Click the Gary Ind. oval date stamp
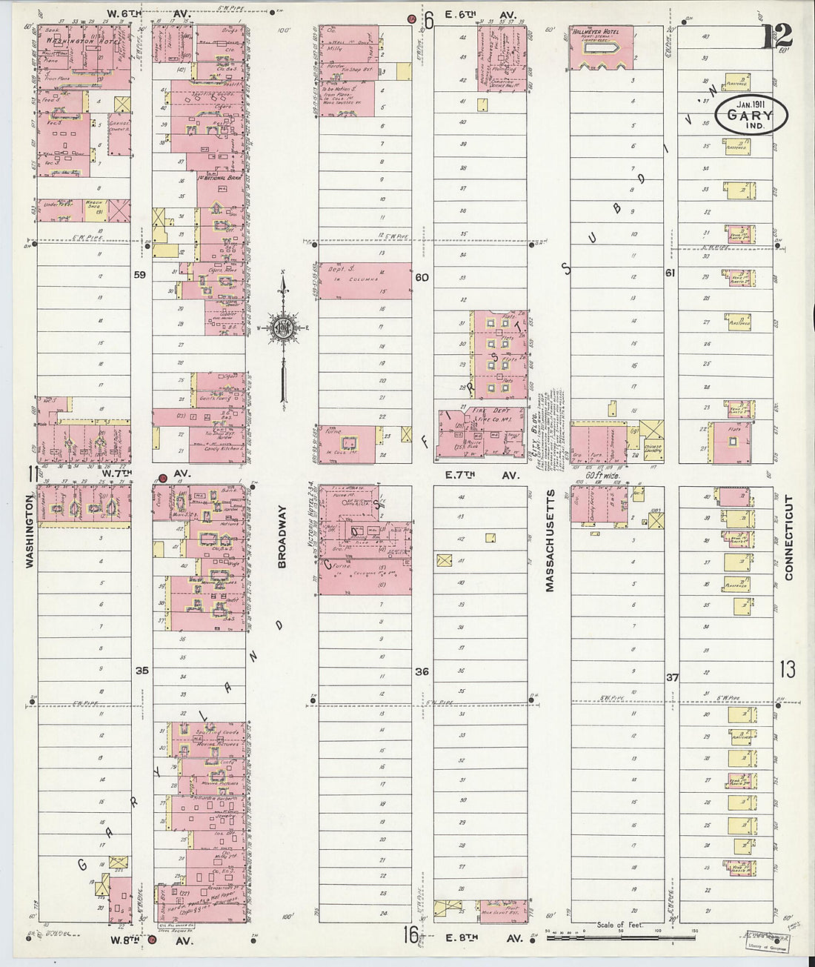pos(752,115)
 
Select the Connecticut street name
pos(788,536)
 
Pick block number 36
pos(422,671)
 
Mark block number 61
pos(671,273)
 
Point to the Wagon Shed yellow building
pos(94,210)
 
